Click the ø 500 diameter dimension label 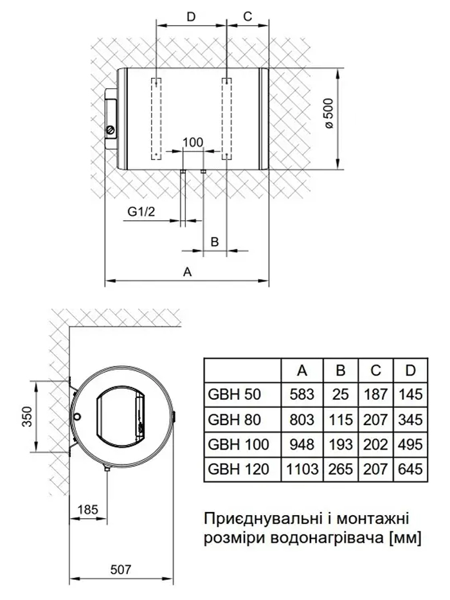[329, 114]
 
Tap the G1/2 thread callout [141, 211]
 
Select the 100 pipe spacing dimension [192, 142]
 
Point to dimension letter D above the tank [191, 17]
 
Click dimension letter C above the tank [248, 17]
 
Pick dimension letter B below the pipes [215, 242]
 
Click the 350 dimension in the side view [27, 417]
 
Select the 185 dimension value [87, 510]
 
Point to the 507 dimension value [121, 569]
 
